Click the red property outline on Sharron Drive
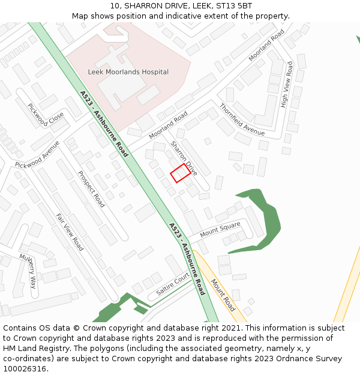[x=181, y=173]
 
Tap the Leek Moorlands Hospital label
[x=128, y=72]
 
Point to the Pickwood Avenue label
[x=38, y=155]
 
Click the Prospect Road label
[x=91, y=189]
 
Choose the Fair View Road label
[x=70, y=232]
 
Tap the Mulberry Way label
[x=28, y=272]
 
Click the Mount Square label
[x=220, y=229]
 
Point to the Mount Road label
[x=222, y=293]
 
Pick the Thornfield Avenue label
[x=242, y=119]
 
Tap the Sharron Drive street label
[x=184, y=155]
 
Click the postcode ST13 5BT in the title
[x=235, y=6]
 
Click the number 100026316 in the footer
[x=25, y=369]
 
